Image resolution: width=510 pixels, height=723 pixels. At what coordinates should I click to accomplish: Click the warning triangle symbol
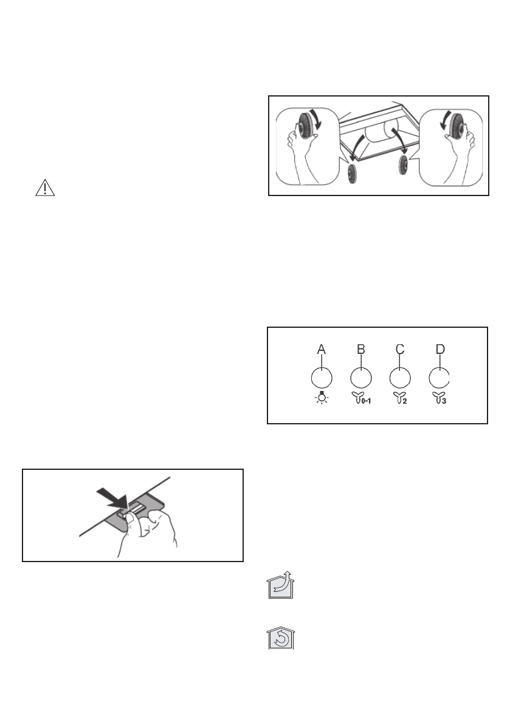[x=44, y=188]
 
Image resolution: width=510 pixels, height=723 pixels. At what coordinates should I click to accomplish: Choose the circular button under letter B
[x=360, y=379]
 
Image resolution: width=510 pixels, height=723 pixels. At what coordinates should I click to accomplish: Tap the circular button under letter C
[x=399, y=379]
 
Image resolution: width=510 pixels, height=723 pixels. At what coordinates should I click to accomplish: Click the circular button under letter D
[x=439, y=379]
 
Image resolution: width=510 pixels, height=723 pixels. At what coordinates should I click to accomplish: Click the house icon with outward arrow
[x=280, y=586]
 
